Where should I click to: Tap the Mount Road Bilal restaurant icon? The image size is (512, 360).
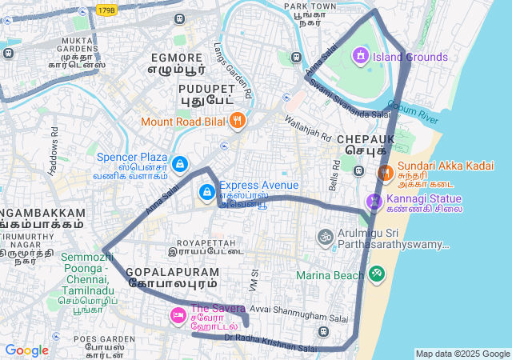click(x=237, y=122)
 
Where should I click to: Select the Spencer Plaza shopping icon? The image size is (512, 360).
click(x=180, y=163)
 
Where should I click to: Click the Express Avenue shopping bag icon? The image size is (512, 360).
click(x=207, y=191)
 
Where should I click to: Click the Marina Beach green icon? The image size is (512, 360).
click(x=376, y=274)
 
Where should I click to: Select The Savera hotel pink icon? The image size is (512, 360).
click(x=178, y=316)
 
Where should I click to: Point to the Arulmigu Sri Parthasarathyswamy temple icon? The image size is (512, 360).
click(x=325, y=237)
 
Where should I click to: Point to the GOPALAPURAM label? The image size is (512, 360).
click(x=171, y=271)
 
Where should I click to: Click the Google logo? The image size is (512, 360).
click(x=26, y=350)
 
